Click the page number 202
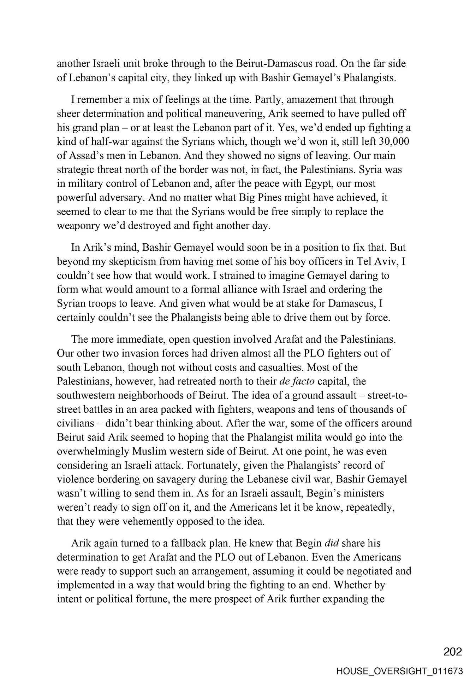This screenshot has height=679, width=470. coord(452,651)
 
